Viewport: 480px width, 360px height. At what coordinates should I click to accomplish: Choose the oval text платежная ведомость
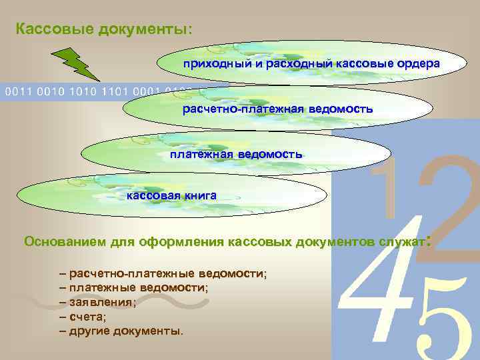point(236,154)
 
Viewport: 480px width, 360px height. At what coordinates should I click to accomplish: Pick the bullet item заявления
point(101,302)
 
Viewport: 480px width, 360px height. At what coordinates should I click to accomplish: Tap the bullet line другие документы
point(123,331)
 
